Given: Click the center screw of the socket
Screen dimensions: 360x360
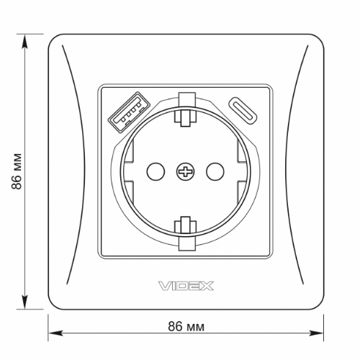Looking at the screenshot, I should pos(184,171).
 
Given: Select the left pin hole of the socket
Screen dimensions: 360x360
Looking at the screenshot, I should pos(154,171).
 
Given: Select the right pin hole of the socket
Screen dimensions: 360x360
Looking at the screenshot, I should pos(215,171).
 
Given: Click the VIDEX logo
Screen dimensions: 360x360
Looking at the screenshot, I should pos(184,286).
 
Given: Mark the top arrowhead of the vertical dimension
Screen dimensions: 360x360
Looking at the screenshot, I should pos(27,37).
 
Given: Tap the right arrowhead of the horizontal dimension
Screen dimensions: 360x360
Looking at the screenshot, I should pos(317,333).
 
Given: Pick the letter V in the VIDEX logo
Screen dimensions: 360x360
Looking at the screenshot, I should pos(161,286).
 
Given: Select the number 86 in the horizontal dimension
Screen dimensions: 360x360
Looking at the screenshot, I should pos(174,326).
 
